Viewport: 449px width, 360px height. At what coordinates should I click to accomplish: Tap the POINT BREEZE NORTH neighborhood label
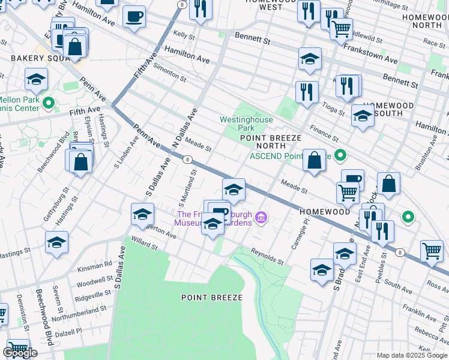[x=270, y=141]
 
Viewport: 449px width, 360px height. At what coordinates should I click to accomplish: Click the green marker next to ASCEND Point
[x=341, y=157]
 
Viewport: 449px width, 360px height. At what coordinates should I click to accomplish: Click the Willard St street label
[x=144, y=245]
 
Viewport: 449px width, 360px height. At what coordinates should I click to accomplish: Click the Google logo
[x=20, y=353]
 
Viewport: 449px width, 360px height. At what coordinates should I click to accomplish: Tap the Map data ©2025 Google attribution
[x=412, y=355]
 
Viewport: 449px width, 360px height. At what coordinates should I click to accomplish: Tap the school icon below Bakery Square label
[x=36, y=79]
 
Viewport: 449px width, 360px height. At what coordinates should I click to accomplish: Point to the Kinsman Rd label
[x=94, y=264]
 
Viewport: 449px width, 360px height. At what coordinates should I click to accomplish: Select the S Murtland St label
[x=186, y=185]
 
